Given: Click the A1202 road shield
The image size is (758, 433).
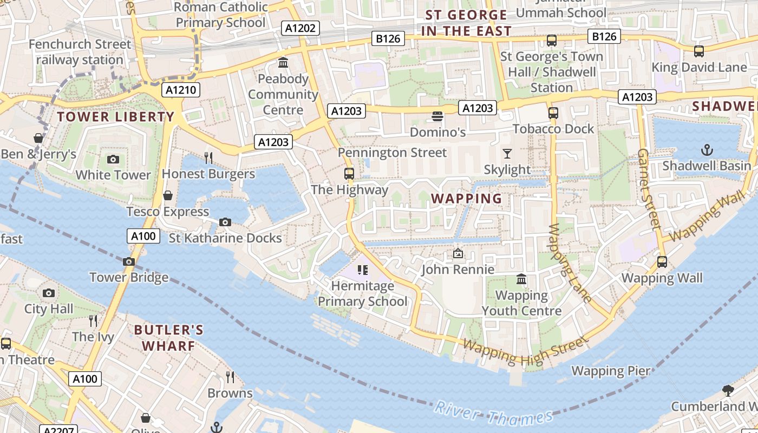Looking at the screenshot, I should [x=300, y=28].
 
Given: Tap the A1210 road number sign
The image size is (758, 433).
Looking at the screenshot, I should [x=181, y=90].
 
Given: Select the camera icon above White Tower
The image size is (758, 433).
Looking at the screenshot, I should [x=113, y=159].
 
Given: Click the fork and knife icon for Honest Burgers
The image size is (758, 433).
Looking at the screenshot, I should [x=208, y=158].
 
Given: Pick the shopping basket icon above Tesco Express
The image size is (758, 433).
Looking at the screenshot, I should [x=168, y=195].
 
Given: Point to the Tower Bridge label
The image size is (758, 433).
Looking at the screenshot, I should [x=129, y=278].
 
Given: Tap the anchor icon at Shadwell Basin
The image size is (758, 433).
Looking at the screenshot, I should [x=707, y=149].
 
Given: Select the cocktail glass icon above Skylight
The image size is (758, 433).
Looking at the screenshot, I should [x=507, y=154].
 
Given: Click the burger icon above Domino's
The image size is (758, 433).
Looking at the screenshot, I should [x=437, y=116].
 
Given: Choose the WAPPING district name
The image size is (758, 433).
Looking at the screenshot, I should [x=467, y=199].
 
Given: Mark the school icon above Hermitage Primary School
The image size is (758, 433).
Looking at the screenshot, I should [x=363, y=270].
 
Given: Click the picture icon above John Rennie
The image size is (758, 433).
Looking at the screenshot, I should [x=458, y=253].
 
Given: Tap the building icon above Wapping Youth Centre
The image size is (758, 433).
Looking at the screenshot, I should [x=521, y=279].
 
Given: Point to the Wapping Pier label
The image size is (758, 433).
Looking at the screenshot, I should [x=611, y=371].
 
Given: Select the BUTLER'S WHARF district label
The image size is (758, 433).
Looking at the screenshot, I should [x=168, y=338].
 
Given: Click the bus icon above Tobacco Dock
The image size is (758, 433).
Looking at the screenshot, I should [x=553, y=113].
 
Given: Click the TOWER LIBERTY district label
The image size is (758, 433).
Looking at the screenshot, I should [x=116, y=117].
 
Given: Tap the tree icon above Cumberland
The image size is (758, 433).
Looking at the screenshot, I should [x=728, y=390].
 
